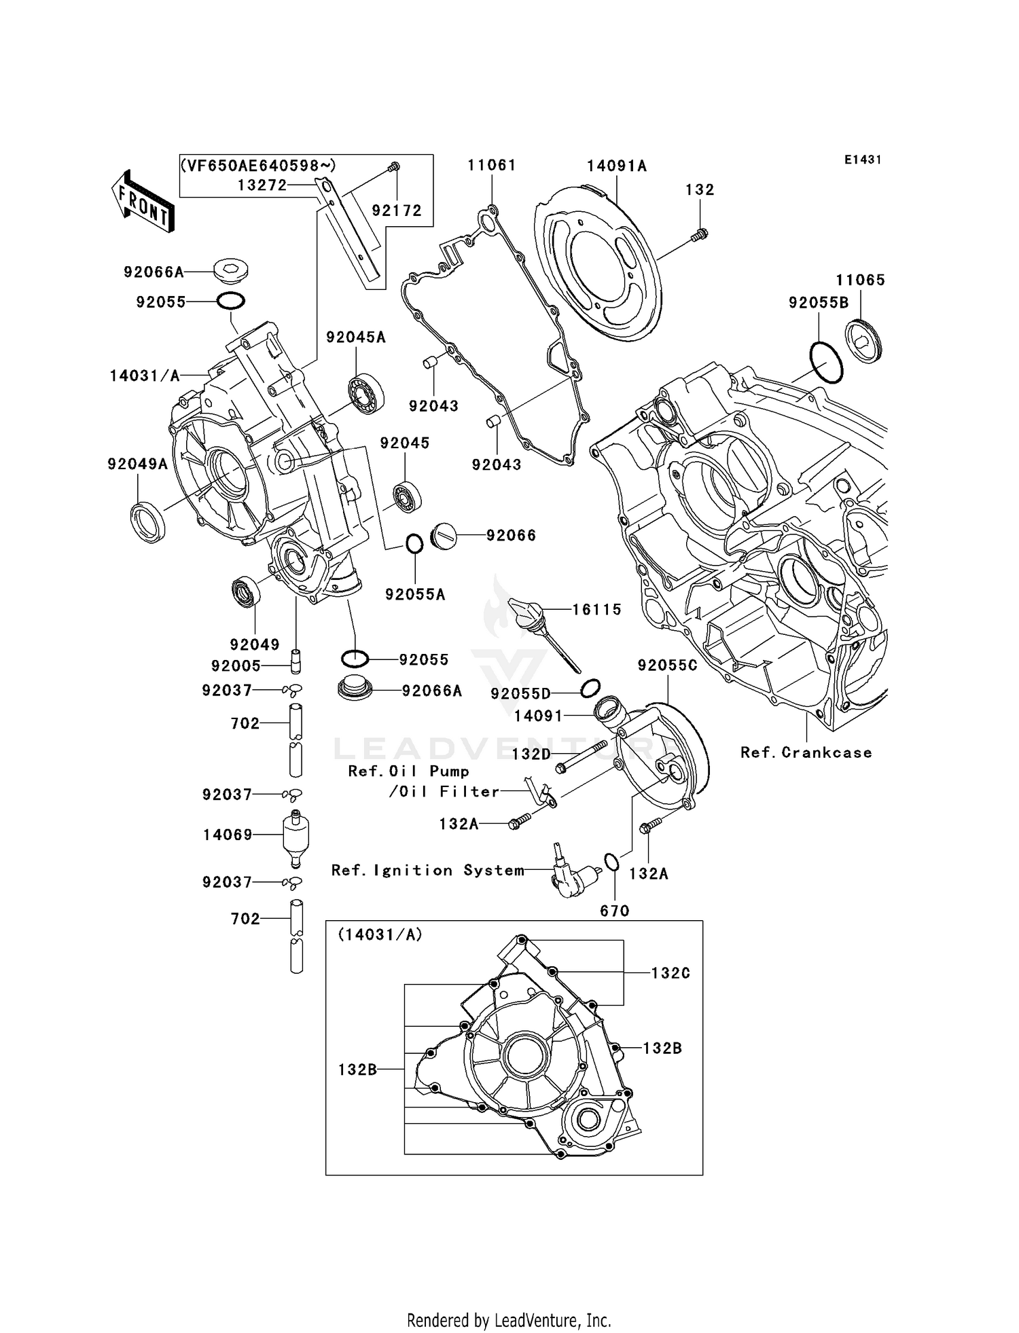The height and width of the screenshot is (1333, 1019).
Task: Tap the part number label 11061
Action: click(x=492, y=165)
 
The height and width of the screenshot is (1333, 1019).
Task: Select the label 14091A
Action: click(x=617, y=166)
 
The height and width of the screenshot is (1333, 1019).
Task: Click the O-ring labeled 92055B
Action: click(x=826, y=363)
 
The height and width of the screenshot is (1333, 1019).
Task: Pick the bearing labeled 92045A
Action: click(x=366, y=393)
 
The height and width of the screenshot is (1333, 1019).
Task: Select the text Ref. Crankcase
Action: click(x=806, y=752)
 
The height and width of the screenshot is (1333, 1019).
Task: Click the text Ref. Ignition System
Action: click(x=427, y=871)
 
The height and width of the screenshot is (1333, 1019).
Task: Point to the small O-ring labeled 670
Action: click(x=611, y=862)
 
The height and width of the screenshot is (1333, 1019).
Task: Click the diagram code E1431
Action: click(x=863, y=160)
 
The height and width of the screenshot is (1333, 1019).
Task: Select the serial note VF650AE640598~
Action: click(x=258, y=165)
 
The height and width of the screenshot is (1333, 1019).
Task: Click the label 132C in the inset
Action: click(x=670, y=973)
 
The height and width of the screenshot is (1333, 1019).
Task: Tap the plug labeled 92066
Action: click(x=442, y=536)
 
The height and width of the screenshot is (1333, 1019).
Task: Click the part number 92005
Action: click(x=236, y=666)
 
